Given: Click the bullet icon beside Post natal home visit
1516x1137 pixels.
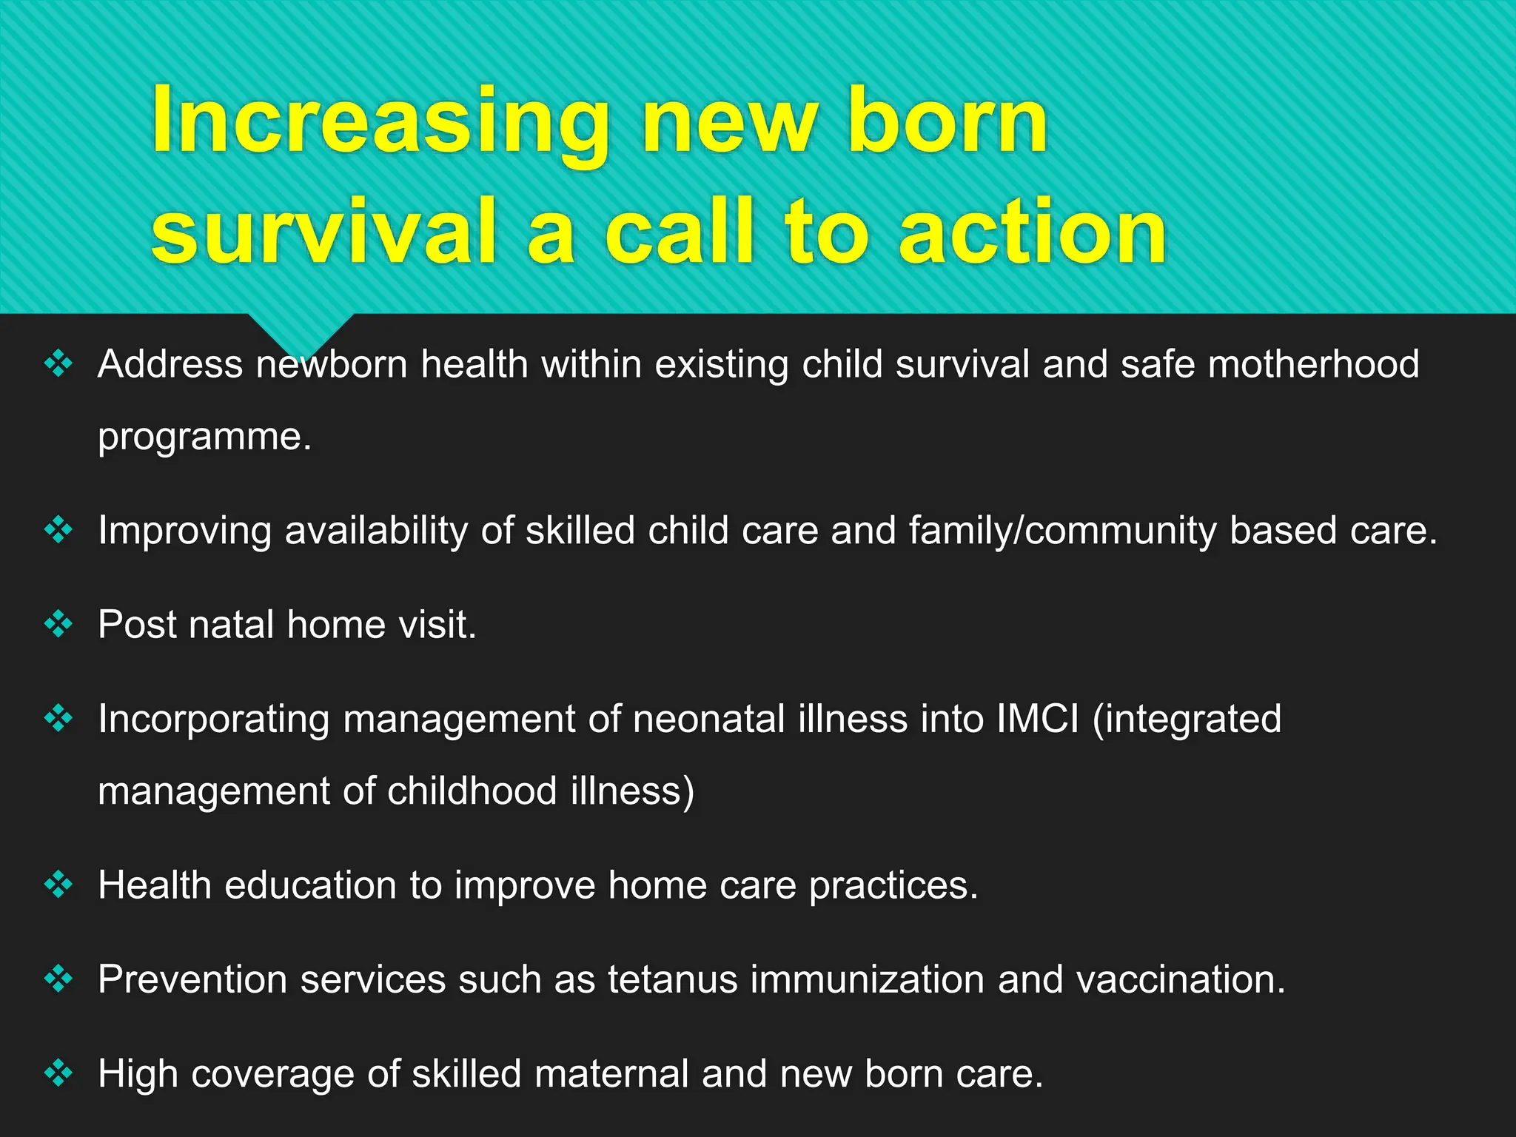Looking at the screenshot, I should click(x=58, y=624).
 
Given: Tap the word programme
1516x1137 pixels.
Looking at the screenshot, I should click(x=204, y=437).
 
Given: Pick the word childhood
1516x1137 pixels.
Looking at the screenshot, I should click(x=472, y=791).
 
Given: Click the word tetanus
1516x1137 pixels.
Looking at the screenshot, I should click(x=673, y=980).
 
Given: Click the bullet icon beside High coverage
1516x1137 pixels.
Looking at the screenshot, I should click(x=58, y=1073).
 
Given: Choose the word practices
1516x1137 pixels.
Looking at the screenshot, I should click(x=893, y=886).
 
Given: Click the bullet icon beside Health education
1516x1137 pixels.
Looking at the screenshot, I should click(x=58, y=885).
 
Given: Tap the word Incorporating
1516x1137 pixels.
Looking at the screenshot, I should click(x=213, y=720).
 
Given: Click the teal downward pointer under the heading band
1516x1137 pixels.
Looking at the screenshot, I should click(x=300, y=332).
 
